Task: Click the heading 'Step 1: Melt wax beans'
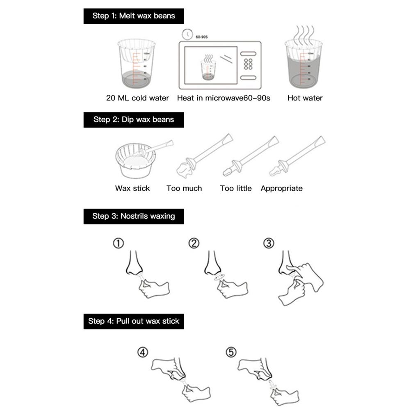tap(134, 16)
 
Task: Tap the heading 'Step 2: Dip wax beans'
tap(134, 120)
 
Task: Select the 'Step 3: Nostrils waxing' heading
tap(134, 216)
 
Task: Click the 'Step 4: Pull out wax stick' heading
tap(134, 321)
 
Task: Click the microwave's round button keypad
tap(248, 64)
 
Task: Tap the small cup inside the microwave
tap(208, 69)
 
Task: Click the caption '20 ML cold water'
tap(137, 98)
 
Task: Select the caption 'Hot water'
tap(305, 98)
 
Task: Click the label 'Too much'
tap(184, 189)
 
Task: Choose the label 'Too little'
tap(235, 189)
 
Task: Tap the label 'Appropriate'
tap(281, 189)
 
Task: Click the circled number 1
tap(118, 244)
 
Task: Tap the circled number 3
tap(268, 244)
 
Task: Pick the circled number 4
tap(142, 352)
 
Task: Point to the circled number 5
tap(231, 352)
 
